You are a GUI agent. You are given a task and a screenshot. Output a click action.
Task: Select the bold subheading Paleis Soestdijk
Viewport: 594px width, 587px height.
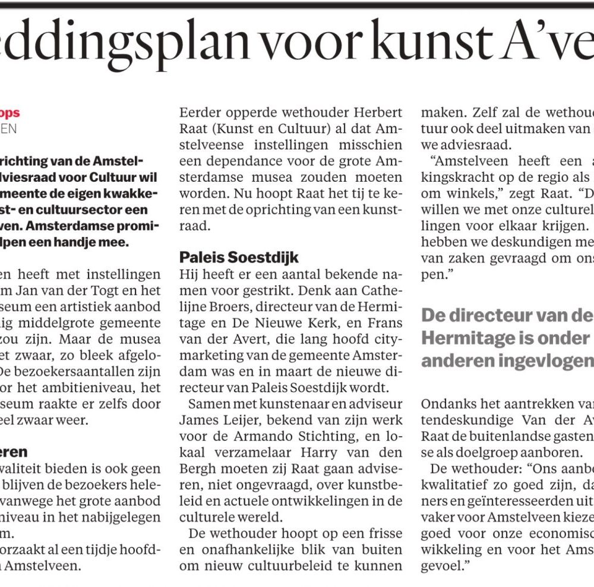pos(239,258)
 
